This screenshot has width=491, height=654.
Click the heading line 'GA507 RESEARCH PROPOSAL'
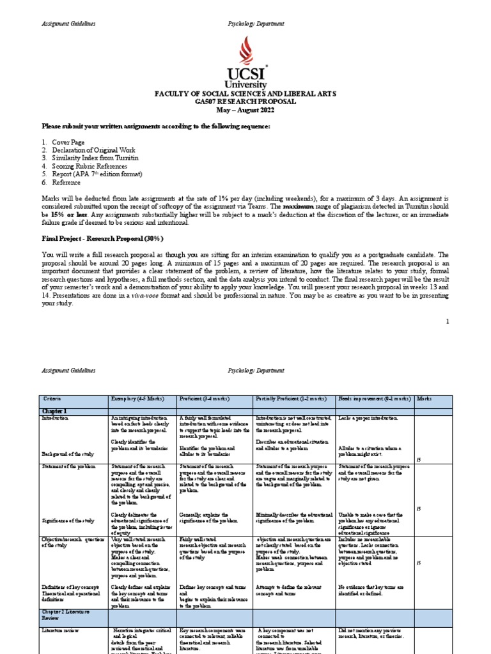pyautogui.click(x=245, y=101)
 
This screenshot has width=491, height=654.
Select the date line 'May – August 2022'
pyautogui.click(x=245, y=109)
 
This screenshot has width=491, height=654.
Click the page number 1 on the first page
pyautogui.click(x=448, y=322)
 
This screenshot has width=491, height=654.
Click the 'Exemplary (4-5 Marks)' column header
pyautogui.click(x=136, y=399)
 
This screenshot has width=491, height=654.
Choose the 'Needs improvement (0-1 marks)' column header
pyautogui.click(x=374, y=399)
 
